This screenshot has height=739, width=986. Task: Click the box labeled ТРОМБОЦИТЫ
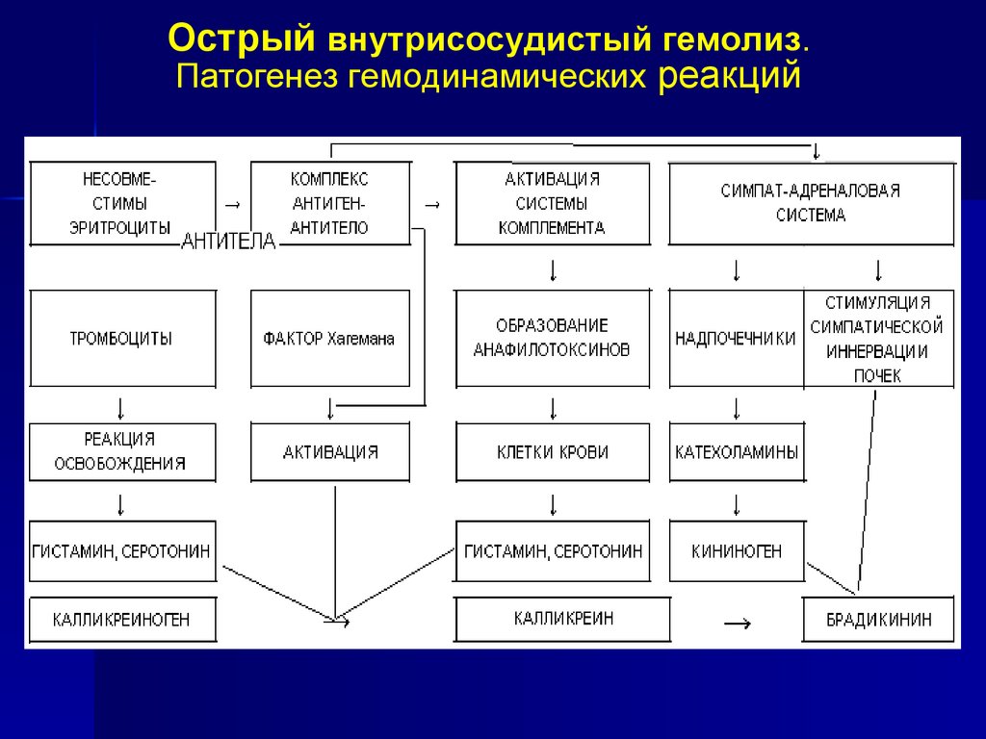tap(122, 339)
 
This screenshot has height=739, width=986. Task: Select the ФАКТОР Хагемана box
tap(329, 339)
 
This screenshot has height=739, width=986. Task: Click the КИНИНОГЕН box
tap(737, 551)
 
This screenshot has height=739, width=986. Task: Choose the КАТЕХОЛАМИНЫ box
tap(737, 451)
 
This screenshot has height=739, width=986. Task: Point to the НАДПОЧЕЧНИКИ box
tap(736, 339)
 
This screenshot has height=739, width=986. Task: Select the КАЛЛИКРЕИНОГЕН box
tap(122, 620)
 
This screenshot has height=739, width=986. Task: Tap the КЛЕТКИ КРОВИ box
tap(553, 451)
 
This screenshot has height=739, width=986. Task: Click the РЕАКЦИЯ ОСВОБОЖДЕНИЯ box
tap(122, 451)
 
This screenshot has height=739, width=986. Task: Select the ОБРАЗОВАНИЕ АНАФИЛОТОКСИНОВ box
tap(553, 339)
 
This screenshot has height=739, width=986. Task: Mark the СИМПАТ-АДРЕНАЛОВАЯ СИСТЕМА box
tap(812, 203)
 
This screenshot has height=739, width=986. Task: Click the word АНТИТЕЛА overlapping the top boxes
tap(228, 242)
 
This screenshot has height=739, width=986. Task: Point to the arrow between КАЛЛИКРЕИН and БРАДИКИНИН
tap(736, 624)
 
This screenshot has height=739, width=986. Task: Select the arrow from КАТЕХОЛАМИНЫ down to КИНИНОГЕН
tap(737, 504)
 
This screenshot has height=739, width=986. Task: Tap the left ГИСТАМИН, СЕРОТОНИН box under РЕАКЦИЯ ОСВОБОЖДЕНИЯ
tap(122, 551)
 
